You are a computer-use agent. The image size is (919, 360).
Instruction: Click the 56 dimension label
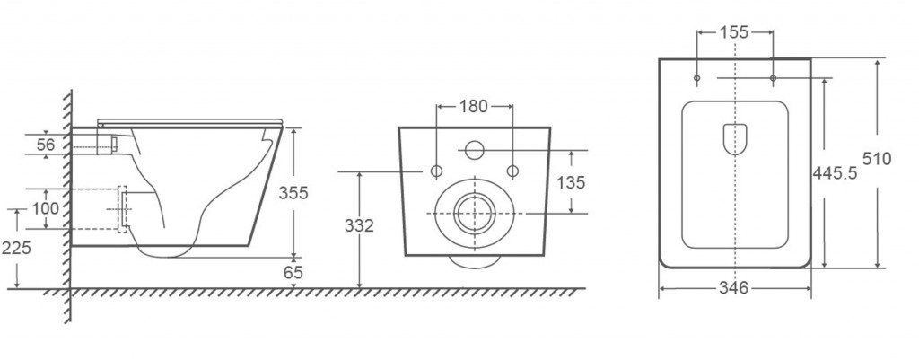(x=47, y=145)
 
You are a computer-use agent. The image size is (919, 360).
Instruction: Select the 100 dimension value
(x=46, y=208)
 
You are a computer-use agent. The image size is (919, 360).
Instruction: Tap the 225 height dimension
(x=16, y=248)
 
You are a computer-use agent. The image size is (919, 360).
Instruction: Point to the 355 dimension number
(x=293, y=193)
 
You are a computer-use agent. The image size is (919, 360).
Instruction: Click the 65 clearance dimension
(x=293, y=273)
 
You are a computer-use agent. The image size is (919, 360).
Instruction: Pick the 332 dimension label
(x=359, y=225)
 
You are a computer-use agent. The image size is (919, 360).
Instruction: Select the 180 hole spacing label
(x=474, y=106)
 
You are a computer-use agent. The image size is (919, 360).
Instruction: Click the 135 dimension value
(x=571, y=183)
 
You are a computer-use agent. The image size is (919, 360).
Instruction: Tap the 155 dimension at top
(x=734, y=32)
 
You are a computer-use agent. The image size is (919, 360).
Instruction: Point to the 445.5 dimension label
(x=836, y=173)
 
